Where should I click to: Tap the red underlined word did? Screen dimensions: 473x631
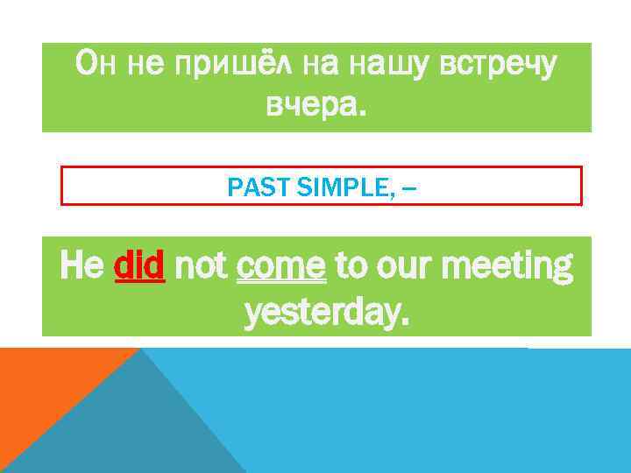coord(139,264)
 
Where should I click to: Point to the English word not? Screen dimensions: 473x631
coord(202,264)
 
